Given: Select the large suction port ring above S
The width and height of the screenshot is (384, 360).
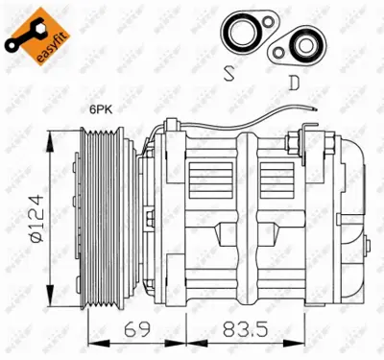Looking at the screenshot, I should [x=238, y=33].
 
